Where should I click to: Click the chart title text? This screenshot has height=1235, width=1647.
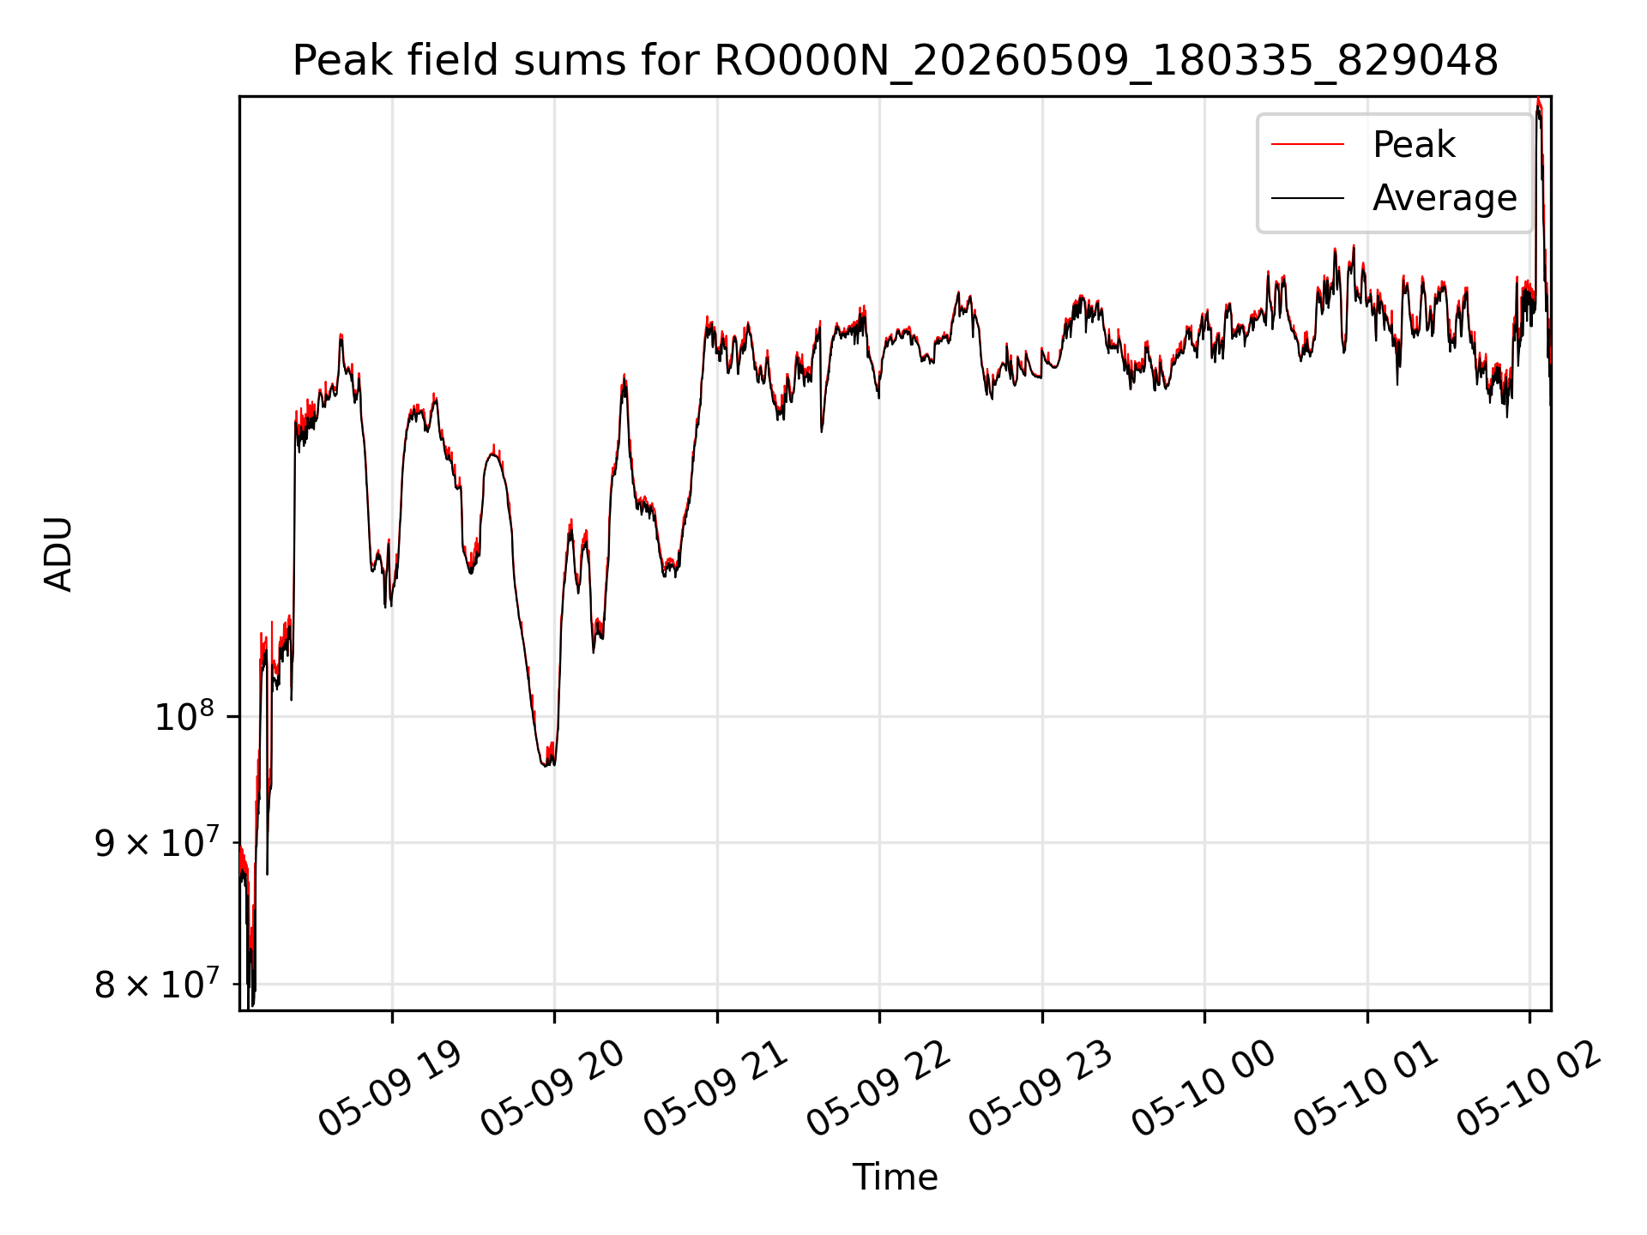point(895,61)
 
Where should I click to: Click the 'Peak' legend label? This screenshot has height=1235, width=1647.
point(1414,145)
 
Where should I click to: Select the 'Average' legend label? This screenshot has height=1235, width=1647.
point(1445,198)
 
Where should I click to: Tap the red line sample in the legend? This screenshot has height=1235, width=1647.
point(1307,145)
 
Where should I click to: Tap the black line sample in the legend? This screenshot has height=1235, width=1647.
point(1307,198)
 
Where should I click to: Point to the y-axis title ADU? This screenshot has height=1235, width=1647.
point(58,554)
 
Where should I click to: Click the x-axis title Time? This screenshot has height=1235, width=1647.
point(895,1177)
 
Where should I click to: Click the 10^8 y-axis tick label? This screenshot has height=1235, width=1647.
point(184,716)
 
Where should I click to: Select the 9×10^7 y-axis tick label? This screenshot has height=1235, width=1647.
point(157,843)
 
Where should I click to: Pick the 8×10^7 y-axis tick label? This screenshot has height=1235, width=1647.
point(157,985)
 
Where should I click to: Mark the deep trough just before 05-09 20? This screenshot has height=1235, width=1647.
point(547,763)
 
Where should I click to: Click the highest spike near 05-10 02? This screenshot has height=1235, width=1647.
point(1539,101)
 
